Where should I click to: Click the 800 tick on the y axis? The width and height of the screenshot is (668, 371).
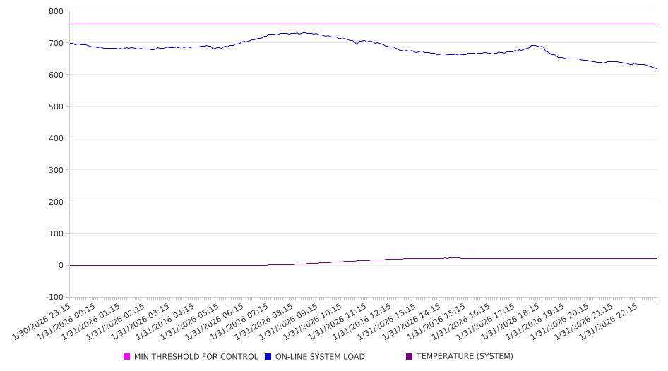56,11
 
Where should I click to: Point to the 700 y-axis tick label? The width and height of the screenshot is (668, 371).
56,43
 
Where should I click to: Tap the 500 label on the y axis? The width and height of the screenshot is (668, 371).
56,107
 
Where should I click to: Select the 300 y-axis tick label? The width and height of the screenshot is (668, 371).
56,170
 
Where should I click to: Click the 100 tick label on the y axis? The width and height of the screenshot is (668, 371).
56,233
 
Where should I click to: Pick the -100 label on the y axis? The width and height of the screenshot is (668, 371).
53,297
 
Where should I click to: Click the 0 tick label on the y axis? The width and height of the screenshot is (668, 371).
60,265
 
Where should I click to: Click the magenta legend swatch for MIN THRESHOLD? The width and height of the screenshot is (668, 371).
127,357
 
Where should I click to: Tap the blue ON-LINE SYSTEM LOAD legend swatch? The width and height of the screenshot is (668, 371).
268,357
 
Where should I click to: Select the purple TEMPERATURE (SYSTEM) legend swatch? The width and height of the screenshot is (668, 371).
410,357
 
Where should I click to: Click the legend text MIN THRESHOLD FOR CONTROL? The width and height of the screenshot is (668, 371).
196,357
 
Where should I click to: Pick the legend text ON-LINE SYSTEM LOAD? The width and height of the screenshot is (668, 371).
320,357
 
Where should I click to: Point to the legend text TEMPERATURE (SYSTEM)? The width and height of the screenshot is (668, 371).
465,357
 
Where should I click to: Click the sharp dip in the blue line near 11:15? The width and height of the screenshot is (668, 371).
357,45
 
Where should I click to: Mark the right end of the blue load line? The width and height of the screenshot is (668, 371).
657,69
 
